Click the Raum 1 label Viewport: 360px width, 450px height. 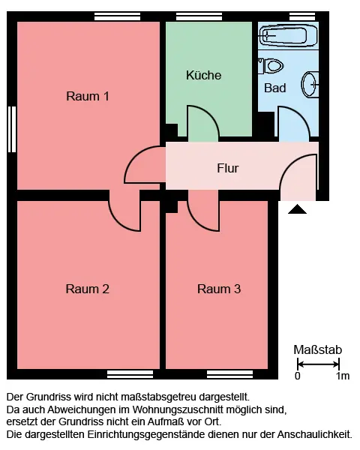(88, 96)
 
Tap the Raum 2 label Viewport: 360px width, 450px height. (88, 289)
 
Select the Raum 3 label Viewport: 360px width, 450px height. (219, 289)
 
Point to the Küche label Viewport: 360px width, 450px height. (203, 75)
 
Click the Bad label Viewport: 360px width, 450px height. (274, 88)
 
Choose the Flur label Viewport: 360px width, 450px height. (228, 168)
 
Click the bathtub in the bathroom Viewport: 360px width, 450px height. (288, 36)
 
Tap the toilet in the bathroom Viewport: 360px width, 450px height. (271, 66)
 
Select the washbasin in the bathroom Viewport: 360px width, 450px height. (310, 84)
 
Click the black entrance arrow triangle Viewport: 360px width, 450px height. (297, 209)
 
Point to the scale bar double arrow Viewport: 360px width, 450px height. (318, 364)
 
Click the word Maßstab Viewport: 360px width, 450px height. (318, 349)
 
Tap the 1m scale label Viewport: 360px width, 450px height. (343, 376)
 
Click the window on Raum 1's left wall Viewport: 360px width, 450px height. (12, 129)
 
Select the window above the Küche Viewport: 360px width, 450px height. (199, 16)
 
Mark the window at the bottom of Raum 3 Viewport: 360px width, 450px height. (230, 374)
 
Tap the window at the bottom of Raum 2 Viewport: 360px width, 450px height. (130, 374)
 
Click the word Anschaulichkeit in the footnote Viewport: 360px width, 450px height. (314, 434)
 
